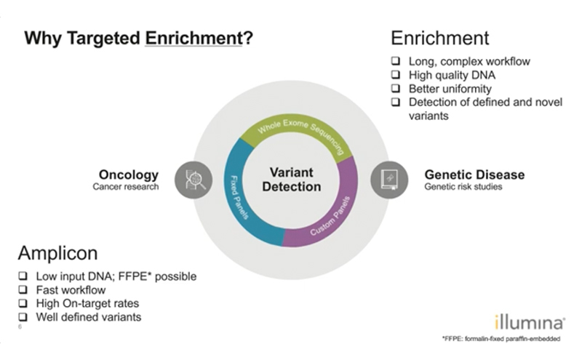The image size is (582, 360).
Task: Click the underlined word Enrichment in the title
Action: coord(194,38)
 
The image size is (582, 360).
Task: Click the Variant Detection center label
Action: coord(292,179)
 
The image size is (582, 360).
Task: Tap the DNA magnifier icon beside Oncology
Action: coord(194,180)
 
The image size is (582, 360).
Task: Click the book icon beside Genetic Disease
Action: coord(389,180)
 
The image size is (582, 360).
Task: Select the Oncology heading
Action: coord(129,175)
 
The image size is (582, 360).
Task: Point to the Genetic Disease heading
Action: coord(474,175)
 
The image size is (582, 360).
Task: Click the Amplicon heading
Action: coord(58,253)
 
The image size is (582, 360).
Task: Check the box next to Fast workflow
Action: coord(23,289)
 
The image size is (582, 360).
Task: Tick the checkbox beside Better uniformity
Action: coord(396,88)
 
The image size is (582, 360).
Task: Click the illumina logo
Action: coord(530,322)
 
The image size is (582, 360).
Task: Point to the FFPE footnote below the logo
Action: coord(501,338)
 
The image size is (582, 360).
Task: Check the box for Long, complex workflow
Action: coord(396,61)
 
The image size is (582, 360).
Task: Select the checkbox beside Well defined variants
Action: coord(23,316)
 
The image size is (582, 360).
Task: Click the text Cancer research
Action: coord(125,186)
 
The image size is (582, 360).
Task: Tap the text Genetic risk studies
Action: coord(463,186)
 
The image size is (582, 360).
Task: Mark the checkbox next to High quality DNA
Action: coord(396,75)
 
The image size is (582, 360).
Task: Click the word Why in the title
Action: coord(43,39)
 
